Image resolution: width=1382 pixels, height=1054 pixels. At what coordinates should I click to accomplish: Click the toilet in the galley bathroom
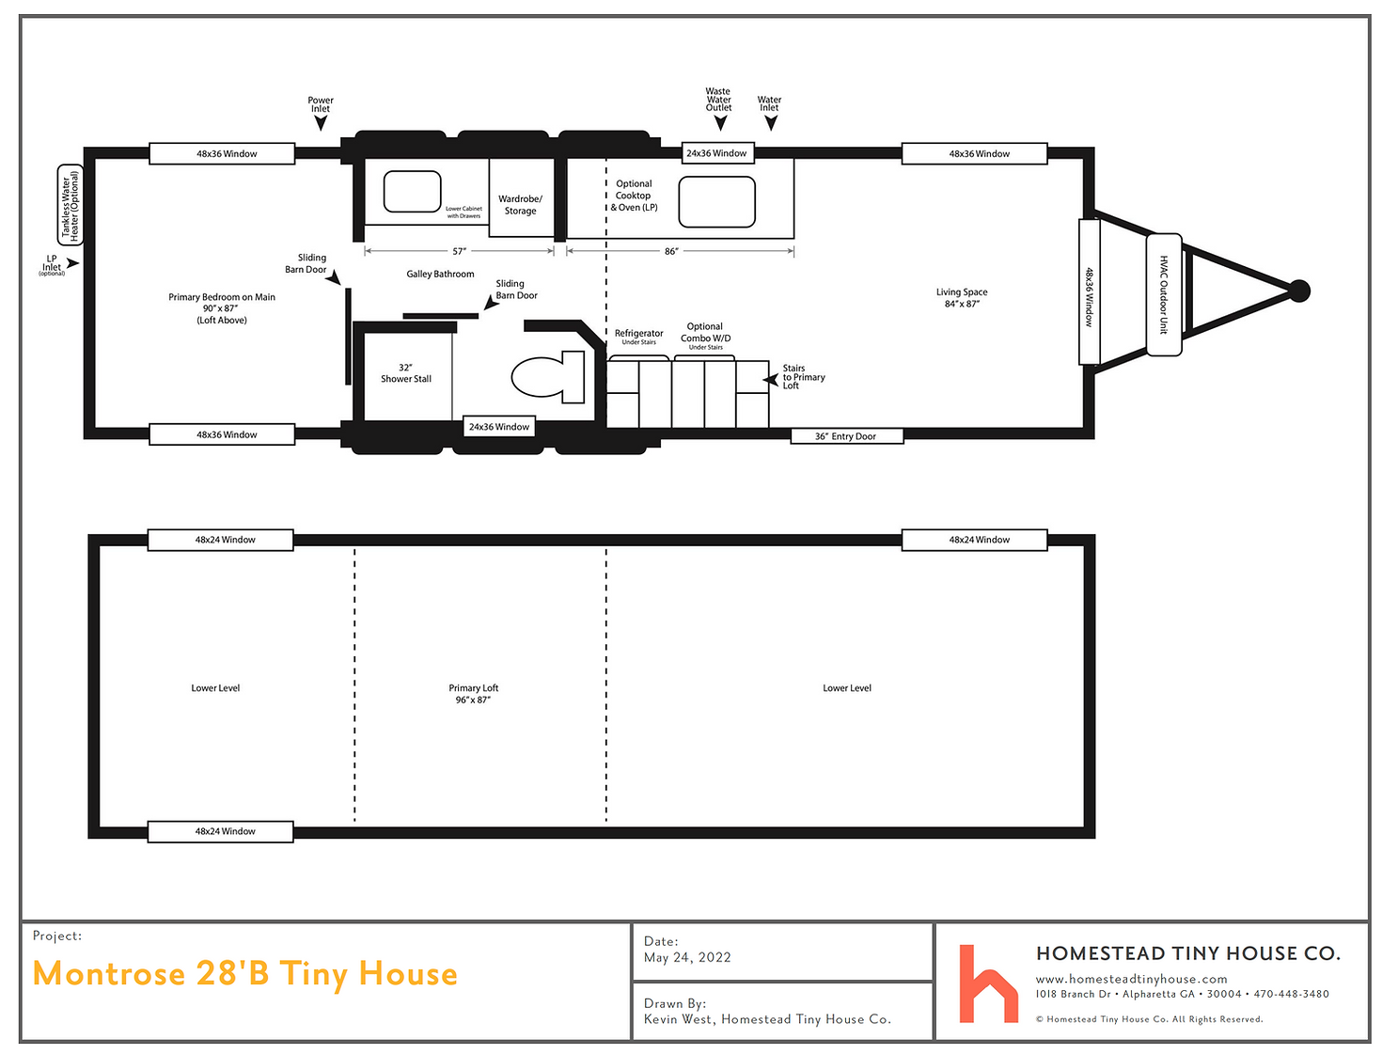click(546, 376)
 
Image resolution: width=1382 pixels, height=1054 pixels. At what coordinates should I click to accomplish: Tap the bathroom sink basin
click(412, 192)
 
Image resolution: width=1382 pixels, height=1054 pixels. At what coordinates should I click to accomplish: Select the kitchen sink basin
click(716, 201)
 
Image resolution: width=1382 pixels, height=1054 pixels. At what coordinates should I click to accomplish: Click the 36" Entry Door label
click(845, 436)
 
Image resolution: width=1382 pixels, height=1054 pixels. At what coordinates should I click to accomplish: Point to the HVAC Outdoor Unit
click(1164, 294)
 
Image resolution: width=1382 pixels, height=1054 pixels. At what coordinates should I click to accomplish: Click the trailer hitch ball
click(1299, 291)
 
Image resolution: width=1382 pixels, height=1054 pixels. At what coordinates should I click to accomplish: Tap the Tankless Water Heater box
click(70, 205)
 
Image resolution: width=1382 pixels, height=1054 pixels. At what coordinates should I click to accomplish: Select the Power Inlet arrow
click(321, 123)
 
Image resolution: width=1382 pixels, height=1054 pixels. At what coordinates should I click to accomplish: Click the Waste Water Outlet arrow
click(720, 123)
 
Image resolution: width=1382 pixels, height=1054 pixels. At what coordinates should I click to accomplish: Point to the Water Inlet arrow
click(771, 123)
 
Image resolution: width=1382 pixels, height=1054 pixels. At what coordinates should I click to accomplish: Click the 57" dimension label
click(460, 251)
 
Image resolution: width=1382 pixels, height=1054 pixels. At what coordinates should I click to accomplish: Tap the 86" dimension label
click(671, 251)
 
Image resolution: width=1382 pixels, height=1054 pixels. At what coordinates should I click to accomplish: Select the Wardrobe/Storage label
click(520, 205)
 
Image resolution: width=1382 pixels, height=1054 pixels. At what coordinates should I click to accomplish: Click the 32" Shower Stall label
click(405, 372)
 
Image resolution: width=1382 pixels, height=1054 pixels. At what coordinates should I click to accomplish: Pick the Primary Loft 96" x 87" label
click(473, 694)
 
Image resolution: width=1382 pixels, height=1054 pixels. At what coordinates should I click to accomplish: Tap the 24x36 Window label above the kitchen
click(716, 153)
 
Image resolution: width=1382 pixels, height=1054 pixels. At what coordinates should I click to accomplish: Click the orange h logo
click(987, 983)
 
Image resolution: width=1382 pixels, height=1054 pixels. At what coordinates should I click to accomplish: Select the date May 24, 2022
click(687, 958)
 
